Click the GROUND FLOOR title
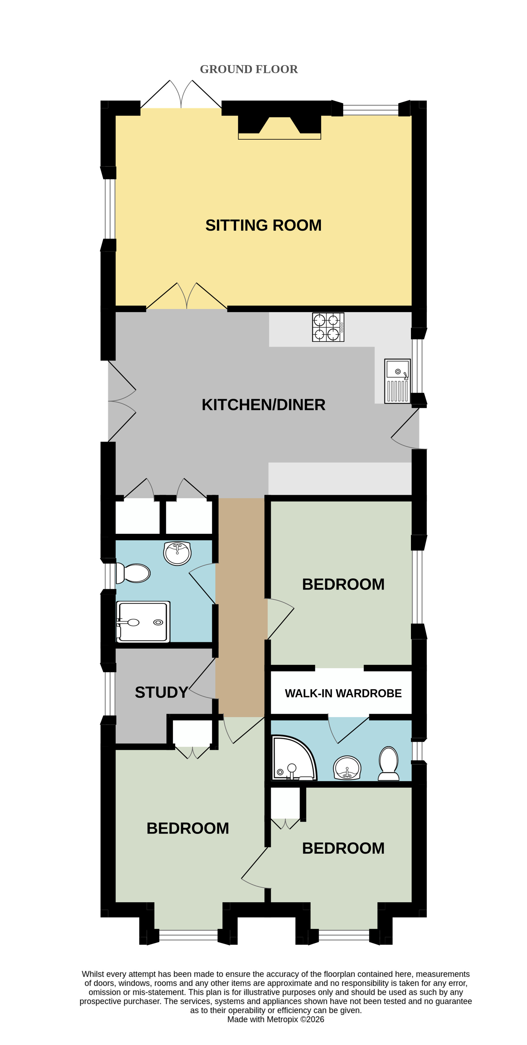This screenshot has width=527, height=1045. click(249, 69)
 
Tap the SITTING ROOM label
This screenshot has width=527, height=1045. click(263, 225)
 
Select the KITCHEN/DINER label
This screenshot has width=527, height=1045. click(263, 405)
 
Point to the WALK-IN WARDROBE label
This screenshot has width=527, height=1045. click(343, 693)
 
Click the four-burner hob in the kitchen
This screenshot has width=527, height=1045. click(328, 327)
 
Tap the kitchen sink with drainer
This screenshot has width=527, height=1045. click(397, 381)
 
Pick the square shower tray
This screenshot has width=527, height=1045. click(143, 622)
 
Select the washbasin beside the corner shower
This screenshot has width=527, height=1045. click(347, 768)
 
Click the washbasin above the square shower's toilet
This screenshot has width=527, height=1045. click(177, 553)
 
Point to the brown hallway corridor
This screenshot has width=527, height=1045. click(241, 607)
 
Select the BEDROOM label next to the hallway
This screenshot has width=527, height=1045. click(343, 584)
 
